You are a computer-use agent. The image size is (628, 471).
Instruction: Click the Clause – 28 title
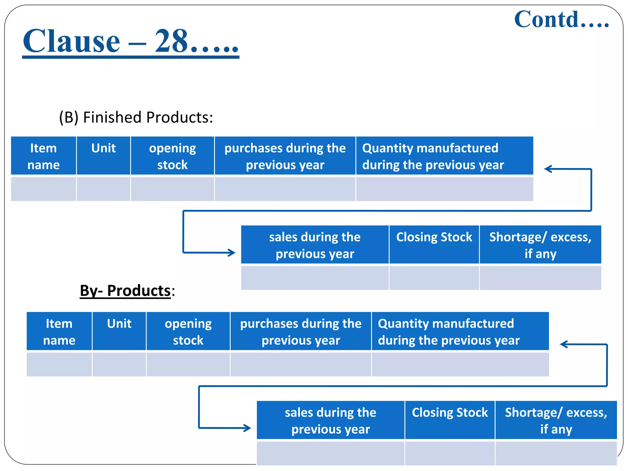[x=130, y=41]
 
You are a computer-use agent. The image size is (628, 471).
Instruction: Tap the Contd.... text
[x=561, y=19]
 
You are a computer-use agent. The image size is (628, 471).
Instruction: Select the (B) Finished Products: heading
[x=136, y=117]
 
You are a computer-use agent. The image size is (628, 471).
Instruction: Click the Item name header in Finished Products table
[x=44, y=156]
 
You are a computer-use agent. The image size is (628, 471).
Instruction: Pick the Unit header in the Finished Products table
[x=103, y=148]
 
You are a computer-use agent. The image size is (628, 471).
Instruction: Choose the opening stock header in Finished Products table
[x=172, y=156]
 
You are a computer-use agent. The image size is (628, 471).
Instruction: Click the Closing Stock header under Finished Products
[x=434, y=237]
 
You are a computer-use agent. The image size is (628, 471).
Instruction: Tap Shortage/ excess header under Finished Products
[x=540, y=245]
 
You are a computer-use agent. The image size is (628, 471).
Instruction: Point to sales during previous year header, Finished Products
[x=315, y=245]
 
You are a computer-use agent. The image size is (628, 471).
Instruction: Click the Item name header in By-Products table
[x=59, y=331]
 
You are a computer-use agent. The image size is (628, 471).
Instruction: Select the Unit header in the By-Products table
[x=119, y=324]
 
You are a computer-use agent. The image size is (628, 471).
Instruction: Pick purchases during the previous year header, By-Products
[x=301, y=331]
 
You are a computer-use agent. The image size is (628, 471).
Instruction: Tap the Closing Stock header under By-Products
[x=450, y=413]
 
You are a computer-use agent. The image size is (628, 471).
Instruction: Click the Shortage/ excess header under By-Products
[x=556, y=420]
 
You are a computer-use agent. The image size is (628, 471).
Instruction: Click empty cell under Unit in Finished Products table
[x=103, y=189]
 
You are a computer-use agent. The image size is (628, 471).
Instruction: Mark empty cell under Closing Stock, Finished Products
[x=434, y=278]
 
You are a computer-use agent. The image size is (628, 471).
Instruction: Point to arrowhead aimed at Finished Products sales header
[x=232, y=253]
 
